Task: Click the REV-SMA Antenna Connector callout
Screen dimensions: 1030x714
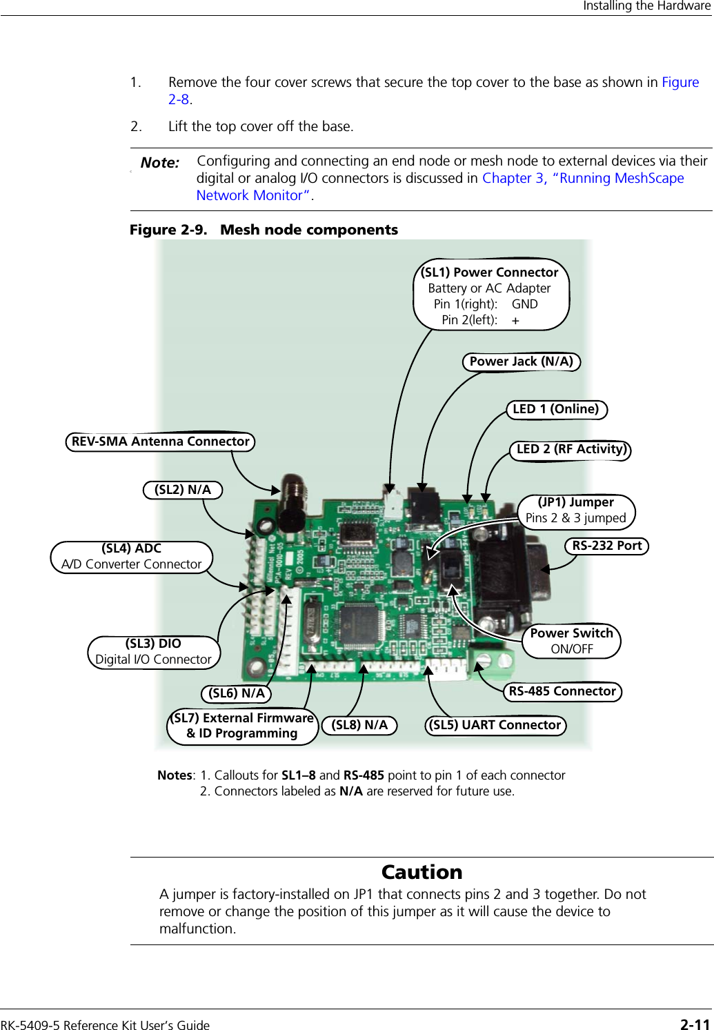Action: click(160, 442)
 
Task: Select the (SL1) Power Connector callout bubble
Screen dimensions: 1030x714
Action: click(490, 295)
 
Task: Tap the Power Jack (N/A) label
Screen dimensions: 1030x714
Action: click(521, 362)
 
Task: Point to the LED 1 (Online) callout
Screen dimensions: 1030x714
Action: click(556, 409)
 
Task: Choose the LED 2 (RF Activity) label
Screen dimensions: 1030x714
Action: click(571, 449)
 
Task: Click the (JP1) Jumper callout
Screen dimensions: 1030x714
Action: click(576, 511)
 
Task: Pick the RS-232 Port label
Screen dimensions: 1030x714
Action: click(607, 546)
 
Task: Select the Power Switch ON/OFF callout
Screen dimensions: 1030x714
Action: click(572, 641)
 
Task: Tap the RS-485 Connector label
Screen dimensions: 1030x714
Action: click(562, 691)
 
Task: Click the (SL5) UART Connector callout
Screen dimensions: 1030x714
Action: click(495, 725)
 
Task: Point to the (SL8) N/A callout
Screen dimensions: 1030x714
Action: click(359, 725)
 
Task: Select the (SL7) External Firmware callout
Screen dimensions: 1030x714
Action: click(242, 726)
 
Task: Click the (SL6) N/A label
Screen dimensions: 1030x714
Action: click(237, 693)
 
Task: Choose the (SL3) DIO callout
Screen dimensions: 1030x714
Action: click(154, 652)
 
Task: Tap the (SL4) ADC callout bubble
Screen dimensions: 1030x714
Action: click(132, 557)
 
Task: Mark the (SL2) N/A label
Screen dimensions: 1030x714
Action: click(183, 490)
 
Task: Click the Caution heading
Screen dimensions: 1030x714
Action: click(422, 872)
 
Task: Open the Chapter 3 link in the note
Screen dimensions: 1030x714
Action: click(513, 178)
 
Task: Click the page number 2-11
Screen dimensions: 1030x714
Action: click(695, 1024)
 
